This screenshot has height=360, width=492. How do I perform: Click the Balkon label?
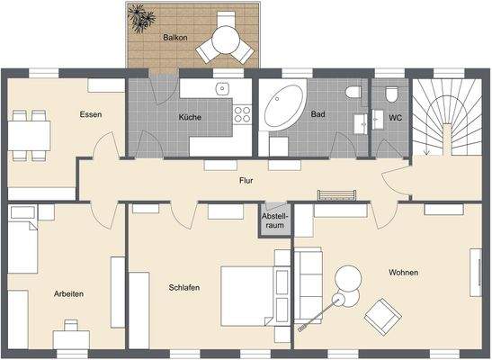[175, 39]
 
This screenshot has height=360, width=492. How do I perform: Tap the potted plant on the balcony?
[141, 18]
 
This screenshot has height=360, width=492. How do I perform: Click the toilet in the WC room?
[389, 94]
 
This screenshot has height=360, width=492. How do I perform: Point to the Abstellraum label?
[273, 221]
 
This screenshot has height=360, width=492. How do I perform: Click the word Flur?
[246, 181]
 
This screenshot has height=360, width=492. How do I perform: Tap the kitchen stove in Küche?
[242, 114]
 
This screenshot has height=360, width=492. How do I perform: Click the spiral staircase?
[444, 117]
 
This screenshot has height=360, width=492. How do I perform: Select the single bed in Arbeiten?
[22, 243]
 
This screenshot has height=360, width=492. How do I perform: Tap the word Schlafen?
[183, 288]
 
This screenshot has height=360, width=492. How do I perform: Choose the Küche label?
[190, 117]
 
